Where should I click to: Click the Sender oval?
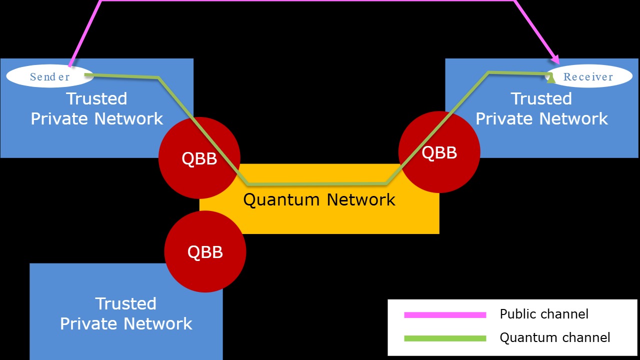(x=49, y=76)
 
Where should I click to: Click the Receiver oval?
(x=588, y=76)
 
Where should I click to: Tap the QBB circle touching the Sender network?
(x=199, y=158)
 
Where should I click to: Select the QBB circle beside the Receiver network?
(x=439, y=152)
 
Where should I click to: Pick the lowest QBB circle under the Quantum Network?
(x=205, y=251)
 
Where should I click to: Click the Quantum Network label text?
(x=319, y=200)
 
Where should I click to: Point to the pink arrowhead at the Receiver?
(x=555, y=59)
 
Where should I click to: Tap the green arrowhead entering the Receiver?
(x=550, y=77)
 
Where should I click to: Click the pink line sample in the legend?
(x=444, y=315)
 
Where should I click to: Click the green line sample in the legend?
(x=444, y=338)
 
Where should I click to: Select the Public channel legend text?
(x=544, y=314)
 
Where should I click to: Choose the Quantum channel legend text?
(x=555, y=337)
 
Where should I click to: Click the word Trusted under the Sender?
(x=96, y=98)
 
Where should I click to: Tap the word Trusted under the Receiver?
(x=541, y=98)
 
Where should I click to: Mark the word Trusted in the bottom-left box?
(x=125, y=303)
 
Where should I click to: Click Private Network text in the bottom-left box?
(x=126, y=323)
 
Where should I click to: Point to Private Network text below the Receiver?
(x=541, y=119)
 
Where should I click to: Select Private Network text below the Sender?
(x=97, y=119)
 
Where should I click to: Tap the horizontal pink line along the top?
(x=307, y=1)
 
